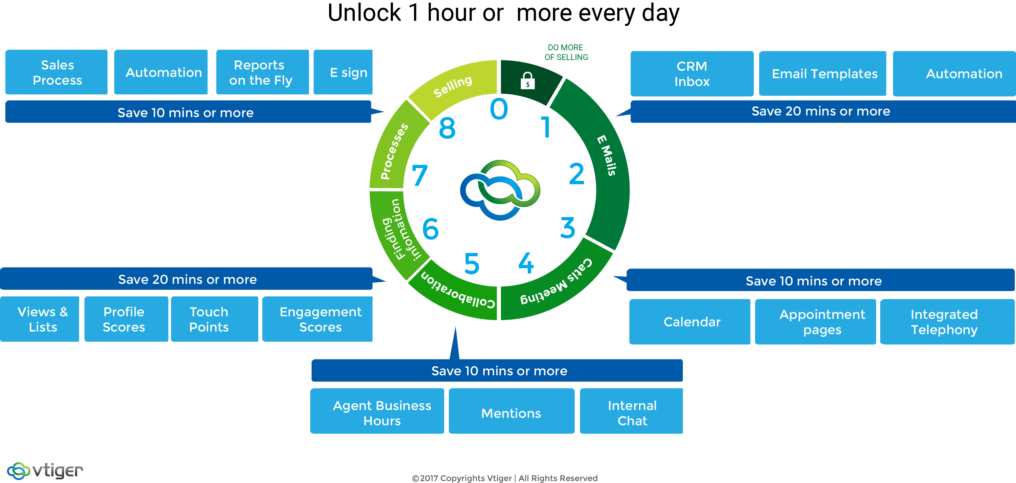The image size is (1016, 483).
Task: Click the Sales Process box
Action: (56, 72)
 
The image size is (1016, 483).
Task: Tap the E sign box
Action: (343, 72)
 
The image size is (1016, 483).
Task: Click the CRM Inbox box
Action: (692, 74)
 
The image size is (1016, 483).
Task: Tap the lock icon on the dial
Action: (528, 81)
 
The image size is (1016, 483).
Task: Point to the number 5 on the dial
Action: (472, 263)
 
